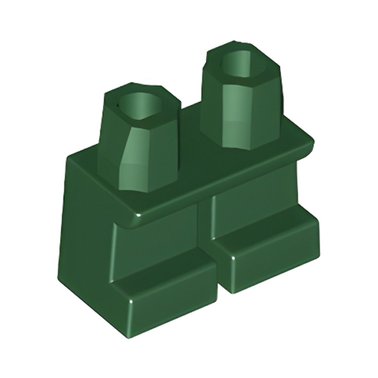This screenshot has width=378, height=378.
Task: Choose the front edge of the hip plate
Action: click(219, 185)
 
